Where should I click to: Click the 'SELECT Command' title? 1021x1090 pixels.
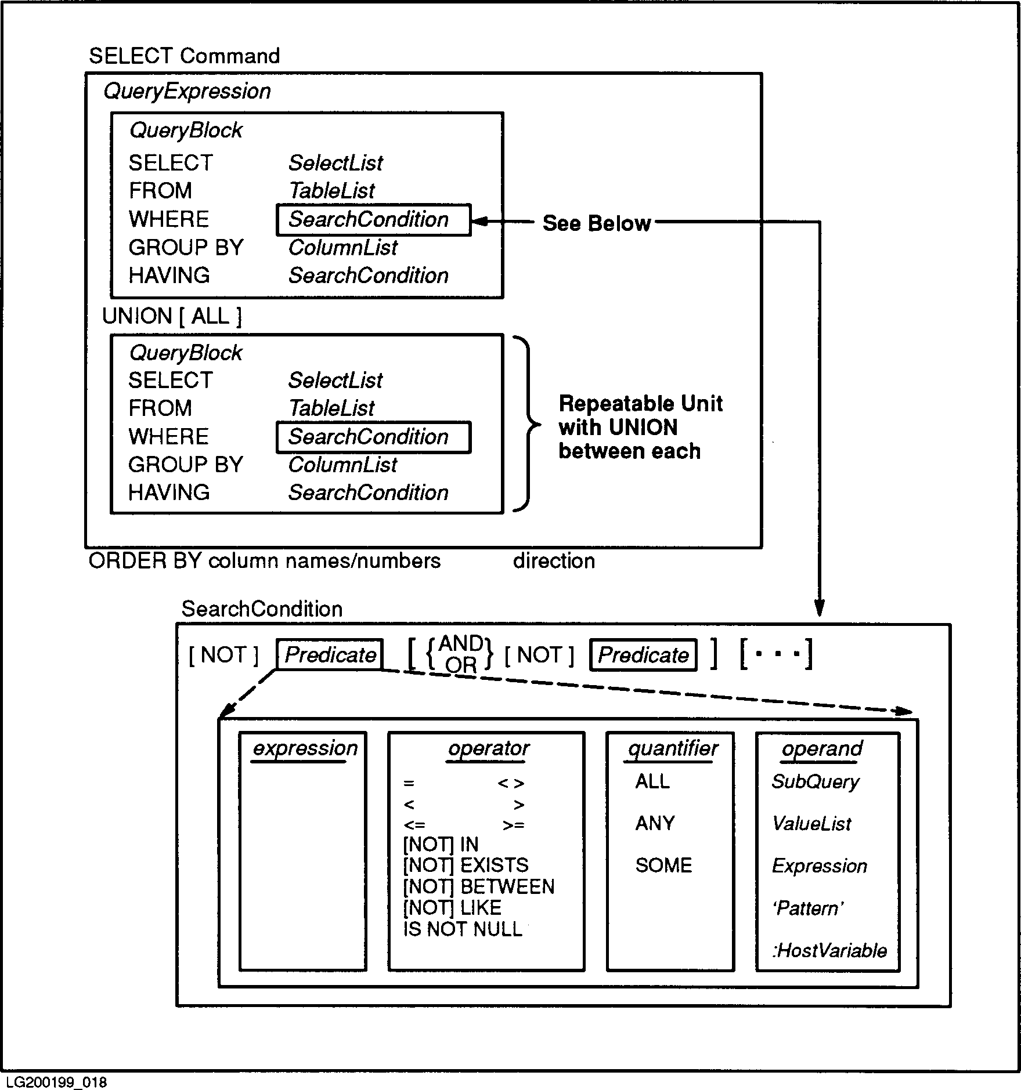tap(184, 56)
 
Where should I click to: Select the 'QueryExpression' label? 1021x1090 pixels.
tap(187, 91)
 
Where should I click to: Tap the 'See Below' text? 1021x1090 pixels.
tap(596, 223)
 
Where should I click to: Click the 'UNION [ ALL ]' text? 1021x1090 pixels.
tap(172, 316)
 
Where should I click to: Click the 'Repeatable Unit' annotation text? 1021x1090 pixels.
tap(640, 404)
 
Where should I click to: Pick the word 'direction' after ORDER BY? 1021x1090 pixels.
tap(554, 561)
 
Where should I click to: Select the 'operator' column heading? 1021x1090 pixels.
tap(488, 748)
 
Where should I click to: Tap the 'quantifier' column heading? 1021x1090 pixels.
tap(673, 748)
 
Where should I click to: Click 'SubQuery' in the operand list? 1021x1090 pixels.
tap(815, 782)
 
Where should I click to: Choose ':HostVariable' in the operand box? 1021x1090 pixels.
tap(829, 950)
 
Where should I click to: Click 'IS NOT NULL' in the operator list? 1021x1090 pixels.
tap(463, 929)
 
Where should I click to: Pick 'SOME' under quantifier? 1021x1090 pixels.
tap(663, 866)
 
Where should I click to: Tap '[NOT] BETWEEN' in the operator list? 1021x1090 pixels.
tap(478, 886)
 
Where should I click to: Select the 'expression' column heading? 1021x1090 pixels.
tap(305, 748)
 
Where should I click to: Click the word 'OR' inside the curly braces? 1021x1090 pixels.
tap(461, 665)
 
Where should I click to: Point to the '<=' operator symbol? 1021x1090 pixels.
tap(414, 825)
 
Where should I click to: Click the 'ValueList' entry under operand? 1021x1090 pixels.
tap(811, 824)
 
